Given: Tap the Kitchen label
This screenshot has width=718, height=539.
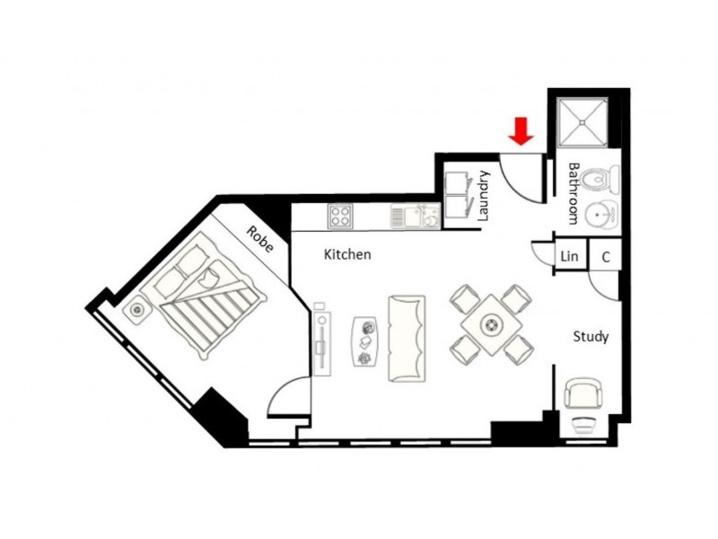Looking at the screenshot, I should pos(347,255).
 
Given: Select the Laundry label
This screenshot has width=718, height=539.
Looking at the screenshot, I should pos(484,196).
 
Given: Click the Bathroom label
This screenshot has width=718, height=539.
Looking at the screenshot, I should pos(574,193).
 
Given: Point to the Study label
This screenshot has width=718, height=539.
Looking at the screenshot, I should pos(591,337).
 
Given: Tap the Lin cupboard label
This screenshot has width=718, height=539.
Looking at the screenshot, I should pos(569,257).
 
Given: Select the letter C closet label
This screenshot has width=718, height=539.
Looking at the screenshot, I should pos(606,257).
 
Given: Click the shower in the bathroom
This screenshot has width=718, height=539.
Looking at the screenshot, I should pos(582,122).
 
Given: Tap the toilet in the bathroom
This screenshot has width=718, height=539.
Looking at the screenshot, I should pos(600,181).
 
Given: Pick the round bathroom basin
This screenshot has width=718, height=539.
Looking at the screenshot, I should pos(600,215).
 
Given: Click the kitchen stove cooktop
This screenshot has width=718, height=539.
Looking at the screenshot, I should pos(339,216).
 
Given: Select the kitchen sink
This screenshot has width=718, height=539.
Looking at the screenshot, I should pos(416,216).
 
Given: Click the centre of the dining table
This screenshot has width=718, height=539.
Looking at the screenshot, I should pos(491,323).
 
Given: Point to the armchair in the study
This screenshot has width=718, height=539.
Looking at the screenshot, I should pos(585,394).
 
